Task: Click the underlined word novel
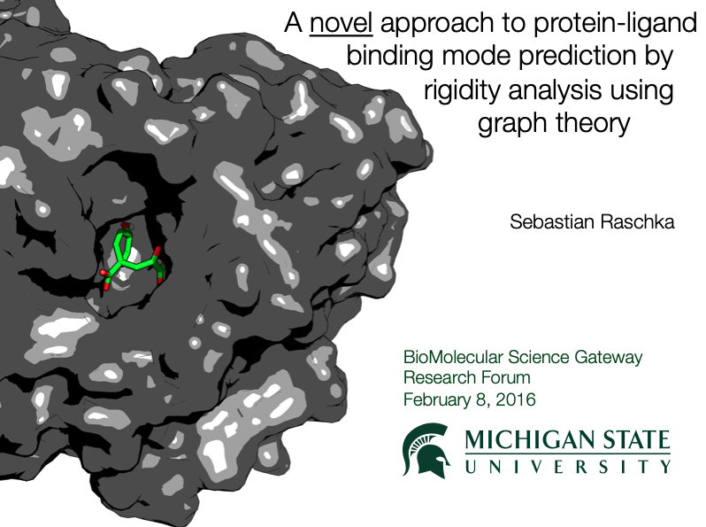click(341, 22)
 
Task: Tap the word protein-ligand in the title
click(615, 24)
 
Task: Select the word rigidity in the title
click(462, 90)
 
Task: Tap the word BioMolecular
click(453, 357)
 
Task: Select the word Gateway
click(609, 358)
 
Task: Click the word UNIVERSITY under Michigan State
click(568, 467)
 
